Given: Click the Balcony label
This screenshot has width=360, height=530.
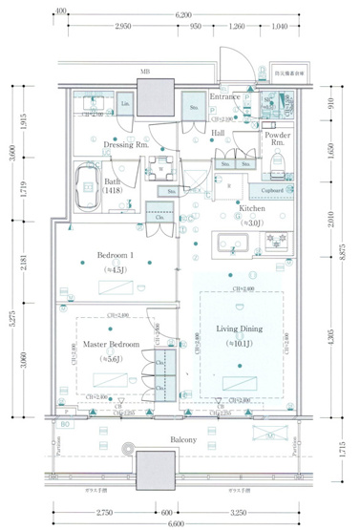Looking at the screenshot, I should tap(184, 439).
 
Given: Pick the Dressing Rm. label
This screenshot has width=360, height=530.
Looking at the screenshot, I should tap(125, 144).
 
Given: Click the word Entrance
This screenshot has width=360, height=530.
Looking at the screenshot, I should tap(224, 96).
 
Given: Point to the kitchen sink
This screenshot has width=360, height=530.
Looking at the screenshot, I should tap(232, 241).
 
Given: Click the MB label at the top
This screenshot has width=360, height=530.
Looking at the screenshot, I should tap(145, 72).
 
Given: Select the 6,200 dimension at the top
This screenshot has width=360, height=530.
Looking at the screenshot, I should tap(183, 15).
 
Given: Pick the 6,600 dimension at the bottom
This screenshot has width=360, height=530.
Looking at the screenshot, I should tap(177, 523).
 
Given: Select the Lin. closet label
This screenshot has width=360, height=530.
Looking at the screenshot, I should tap(126, 104).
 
